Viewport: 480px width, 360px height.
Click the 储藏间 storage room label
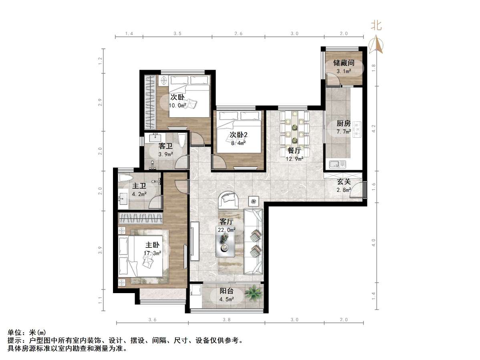(x=344, y=63)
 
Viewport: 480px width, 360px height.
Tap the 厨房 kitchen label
(x=344, y=123)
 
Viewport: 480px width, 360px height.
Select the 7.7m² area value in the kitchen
(x=344, y=131)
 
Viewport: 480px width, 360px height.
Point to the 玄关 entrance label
(x=344, y=181)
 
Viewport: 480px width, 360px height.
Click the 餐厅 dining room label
(x=294, y=151)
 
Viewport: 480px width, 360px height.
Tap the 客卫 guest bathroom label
(x=165, y=146)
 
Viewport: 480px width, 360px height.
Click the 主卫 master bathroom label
(x=139, y=186)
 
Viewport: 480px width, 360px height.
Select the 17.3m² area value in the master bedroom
(x=153, y=253)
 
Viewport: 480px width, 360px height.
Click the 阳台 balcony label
(x=227, y=291)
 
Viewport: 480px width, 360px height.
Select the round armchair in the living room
(x=228, y=199)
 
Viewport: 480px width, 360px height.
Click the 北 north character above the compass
(x=376, y=26)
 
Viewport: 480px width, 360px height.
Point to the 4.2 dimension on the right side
(x=373, y=129)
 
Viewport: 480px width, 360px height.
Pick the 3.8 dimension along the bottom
(x=227, y=320)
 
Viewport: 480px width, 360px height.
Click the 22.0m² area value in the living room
(x=227, y=230)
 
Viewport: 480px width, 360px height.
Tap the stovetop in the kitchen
(x=357, y=130)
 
